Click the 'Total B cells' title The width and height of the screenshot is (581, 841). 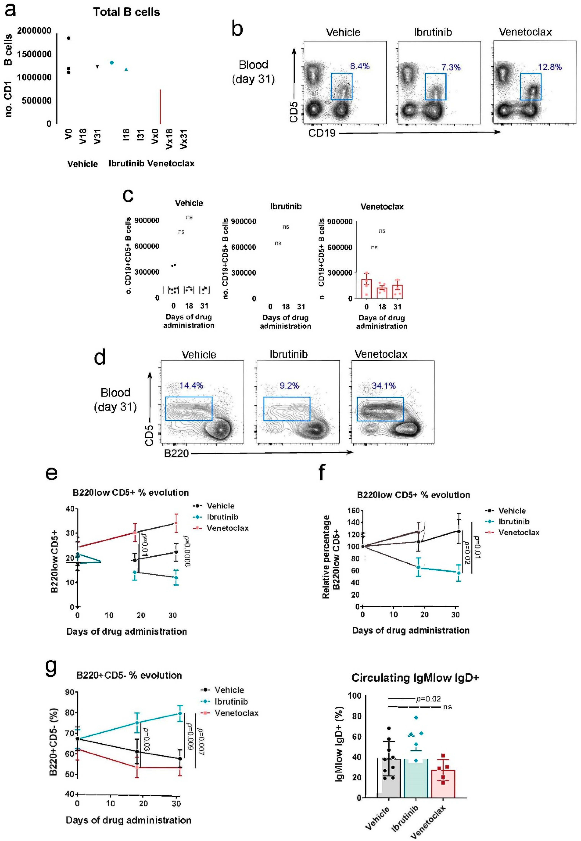126,12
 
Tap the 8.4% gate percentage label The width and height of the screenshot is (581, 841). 360,66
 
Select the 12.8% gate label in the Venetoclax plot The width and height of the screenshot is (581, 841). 550,67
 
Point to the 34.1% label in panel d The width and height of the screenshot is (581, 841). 384,386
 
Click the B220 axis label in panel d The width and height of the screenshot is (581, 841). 177,453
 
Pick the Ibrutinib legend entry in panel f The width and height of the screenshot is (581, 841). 514,522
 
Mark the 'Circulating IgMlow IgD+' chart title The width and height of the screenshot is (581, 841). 415,678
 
